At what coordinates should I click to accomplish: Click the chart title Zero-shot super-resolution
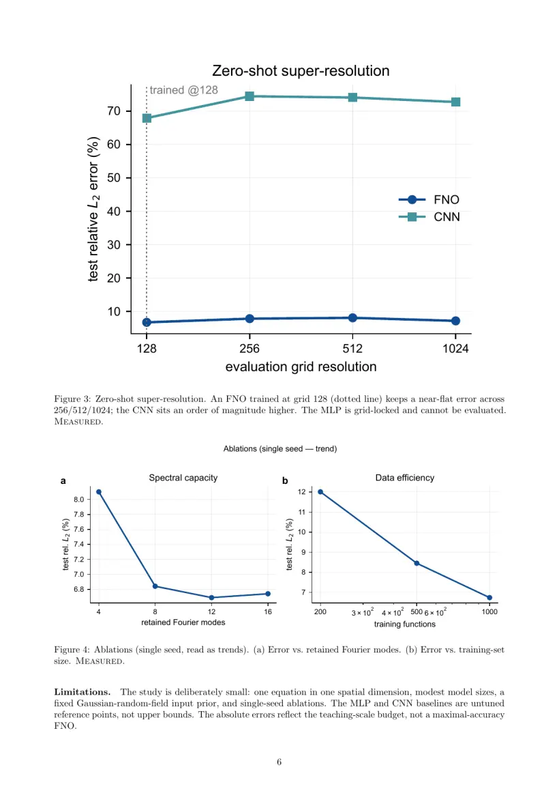point(301,70)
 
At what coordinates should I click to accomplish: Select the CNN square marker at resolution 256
point(250,96)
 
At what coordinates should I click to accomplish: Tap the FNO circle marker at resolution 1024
point(455,321)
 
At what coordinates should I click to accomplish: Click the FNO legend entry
point(429,200)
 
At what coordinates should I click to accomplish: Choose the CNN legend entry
point(429,217)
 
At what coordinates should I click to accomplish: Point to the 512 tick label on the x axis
point(352,349)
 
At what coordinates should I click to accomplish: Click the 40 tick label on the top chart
point(114,212)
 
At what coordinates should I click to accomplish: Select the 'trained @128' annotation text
point(184,90)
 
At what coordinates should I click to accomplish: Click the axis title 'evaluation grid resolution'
point(301,366)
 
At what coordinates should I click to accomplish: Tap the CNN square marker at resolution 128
point(147,118)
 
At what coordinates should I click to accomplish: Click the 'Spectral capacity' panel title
point(183,478)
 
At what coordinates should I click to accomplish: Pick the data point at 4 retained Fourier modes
point(99,492)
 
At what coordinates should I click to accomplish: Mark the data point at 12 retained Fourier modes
point(212,598)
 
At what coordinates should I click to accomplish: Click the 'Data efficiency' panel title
point(405,478)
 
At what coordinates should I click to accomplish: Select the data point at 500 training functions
point(417,563)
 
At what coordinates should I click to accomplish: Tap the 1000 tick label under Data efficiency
point(489,612)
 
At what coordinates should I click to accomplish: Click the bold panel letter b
point(286,480)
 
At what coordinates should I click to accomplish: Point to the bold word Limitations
point(82,692)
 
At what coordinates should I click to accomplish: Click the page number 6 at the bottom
point(279,762)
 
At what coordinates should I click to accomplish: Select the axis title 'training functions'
point(405,624)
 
